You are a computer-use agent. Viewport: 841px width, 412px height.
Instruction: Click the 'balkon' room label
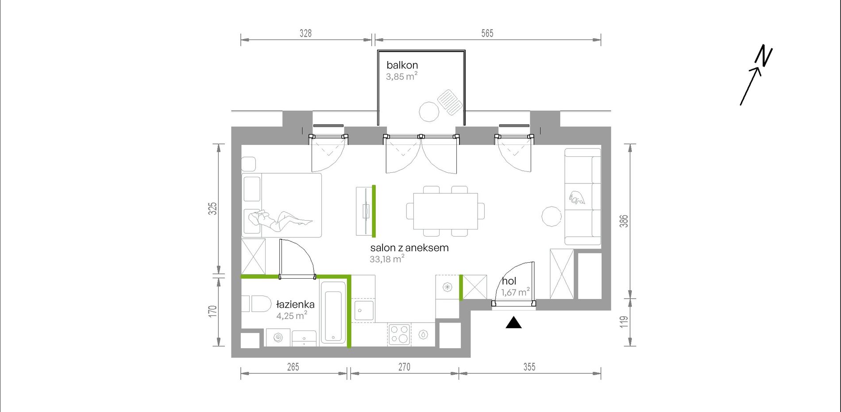402,65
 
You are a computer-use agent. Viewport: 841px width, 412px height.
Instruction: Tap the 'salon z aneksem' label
409,248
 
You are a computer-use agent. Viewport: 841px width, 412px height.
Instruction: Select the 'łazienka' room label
295,304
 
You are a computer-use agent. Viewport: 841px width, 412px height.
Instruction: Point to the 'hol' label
509,281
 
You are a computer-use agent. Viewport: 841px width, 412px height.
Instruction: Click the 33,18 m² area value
387,259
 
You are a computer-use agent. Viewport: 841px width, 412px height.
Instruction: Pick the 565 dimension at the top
487,33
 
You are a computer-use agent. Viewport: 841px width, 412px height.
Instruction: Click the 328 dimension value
305,33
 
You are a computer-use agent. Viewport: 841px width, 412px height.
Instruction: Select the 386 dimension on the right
624,221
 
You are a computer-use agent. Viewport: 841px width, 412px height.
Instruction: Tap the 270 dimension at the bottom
404,367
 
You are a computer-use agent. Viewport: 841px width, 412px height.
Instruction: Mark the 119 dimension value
624,322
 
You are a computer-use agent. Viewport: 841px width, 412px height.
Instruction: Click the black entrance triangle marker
513,323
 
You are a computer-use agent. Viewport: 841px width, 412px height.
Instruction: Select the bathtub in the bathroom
333,312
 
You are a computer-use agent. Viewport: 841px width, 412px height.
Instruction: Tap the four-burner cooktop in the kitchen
399,334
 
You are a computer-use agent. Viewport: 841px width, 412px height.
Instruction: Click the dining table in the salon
445,211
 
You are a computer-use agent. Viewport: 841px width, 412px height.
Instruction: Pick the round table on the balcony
429,112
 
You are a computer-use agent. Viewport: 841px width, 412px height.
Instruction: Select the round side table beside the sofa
552,217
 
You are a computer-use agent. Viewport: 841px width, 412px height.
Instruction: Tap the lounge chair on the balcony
450,102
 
